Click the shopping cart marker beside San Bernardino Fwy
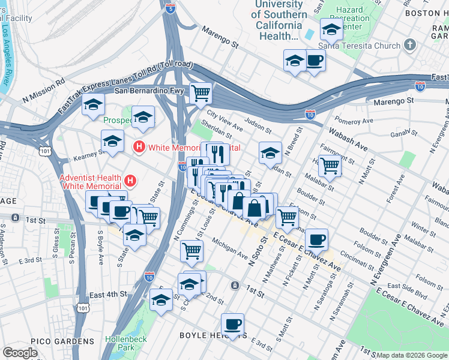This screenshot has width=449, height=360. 201,93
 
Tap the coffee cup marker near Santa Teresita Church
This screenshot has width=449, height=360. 315,60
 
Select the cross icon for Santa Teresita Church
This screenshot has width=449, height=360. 409,46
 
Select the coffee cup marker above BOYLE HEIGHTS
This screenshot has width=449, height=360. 232,325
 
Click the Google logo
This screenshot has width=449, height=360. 20,353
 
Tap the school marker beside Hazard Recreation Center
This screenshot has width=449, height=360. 332,29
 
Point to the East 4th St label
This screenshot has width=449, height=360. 108,295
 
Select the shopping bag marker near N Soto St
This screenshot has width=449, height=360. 255,208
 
